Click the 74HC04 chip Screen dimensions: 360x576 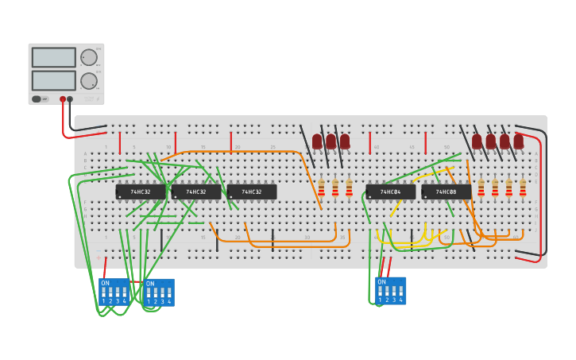(391, 192)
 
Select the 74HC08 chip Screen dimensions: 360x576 (446, 192)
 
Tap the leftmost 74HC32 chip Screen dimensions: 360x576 (141, 192)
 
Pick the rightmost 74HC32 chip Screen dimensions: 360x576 (252, 192)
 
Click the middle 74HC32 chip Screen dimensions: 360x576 (196, 192)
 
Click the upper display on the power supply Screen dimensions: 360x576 (53, 57)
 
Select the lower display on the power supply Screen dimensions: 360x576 (53, 80)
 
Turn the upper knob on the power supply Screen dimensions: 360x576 (88, 57)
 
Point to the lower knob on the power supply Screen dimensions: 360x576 (88, 81)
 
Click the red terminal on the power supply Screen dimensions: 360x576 (63, 99)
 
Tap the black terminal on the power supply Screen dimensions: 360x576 (70, 99)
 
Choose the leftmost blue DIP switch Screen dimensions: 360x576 (114, 291)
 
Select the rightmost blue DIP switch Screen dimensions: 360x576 (390, 290)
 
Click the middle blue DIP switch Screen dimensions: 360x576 (159, 292)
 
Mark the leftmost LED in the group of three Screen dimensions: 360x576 (317, 141)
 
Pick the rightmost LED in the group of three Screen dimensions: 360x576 (345, 141)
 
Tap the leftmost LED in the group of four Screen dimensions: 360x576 (477, 141)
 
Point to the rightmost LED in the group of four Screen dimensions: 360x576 (519, 141)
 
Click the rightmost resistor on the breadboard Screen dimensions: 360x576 (523, 188)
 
